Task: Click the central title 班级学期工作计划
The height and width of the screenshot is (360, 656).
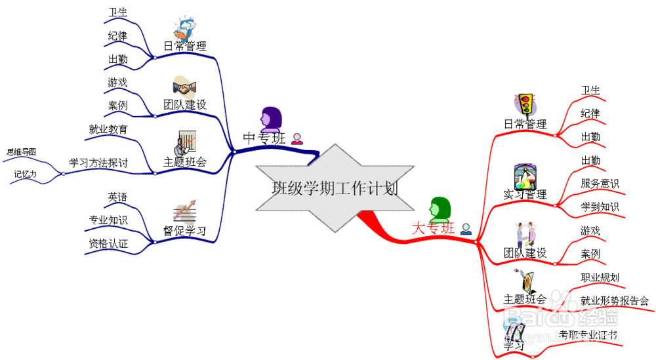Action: [335, 189]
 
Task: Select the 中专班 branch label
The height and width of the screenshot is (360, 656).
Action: [264, 138]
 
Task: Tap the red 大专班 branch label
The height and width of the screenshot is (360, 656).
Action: [433, 228]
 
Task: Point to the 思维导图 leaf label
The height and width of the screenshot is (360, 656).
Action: [21, 152]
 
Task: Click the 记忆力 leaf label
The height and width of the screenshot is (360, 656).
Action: [26, 174]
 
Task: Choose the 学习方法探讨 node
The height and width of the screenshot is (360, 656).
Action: [98, 163]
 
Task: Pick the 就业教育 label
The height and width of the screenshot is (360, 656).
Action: [108, 129]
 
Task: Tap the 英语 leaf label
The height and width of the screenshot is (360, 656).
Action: [118, 197]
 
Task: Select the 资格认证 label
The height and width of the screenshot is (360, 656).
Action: [108, 244]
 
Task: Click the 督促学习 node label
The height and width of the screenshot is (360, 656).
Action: [184, 231]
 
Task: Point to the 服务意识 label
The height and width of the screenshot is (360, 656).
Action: [600, 184]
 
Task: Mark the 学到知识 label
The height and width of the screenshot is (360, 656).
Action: [600, 207]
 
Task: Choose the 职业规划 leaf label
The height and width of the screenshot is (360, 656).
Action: [600, 277]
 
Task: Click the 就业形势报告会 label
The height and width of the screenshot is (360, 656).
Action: [615, 301]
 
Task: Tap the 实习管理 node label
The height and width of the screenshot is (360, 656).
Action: [525, 194]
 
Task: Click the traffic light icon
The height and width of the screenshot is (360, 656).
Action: [525, 105]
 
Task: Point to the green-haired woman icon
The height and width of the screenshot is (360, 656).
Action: [440, 209]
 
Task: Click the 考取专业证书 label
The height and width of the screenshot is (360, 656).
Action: [588, 334]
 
